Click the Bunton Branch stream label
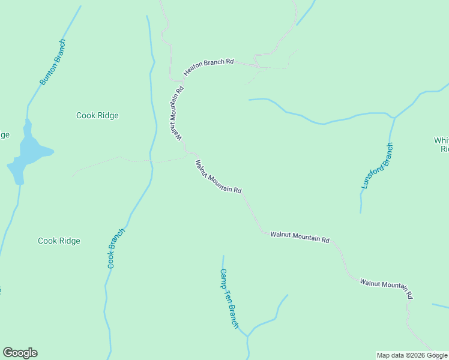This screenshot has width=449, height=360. (x=53, y=62)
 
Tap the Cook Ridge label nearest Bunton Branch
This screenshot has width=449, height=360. (x=97, y=116)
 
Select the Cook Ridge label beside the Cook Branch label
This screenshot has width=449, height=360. (x=59, y=241)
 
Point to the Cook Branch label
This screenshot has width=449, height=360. (x=116, y=248)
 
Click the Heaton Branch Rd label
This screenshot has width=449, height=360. (x=208, y=66)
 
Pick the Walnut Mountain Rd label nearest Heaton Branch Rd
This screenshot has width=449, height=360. (x=175, y=114)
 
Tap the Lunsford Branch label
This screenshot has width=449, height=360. (x=378, y=166)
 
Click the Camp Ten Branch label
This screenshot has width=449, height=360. (x=229, y=298)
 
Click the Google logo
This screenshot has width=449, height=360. (x=20, y=353)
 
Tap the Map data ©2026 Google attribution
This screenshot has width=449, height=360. (x=412, y=355)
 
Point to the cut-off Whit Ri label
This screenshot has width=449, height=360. (x=442, y=145)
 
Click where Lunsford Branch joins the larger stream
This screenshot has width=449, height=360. (x=394, y=118)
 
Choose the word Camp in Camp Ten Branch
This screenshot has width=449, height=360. (x=223, y=277)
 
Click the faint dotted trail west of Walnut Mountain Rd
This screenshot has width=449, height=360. (x=120, y=158)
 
